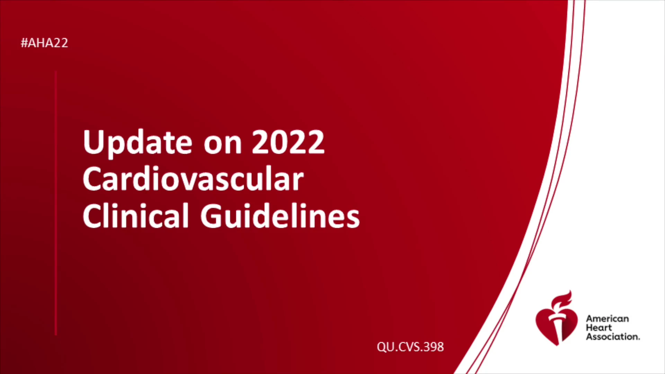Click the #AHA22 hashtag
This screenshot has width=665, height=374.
click(x=44, y=43)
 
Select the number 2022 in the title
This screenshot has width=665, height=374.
click(x=288, y=142)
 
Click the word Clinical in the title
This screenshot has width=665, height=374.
click(x=136, y=215)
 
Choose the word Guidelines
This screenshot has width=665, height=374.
click(x=280, y=215)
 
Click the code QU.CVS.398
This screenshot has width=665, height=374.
click(x=410, y=347)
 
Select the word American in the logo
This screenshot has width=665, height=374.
click(x=608, y=319)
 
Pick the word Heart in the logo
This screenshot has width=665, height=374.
click(x=599, y=328)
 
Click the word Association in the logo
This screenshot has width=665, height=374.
click(x=613, y=337)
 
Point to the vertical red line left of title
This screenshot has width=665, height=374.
click(x=56, y=203)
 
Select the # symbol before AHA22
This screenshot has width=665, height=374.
click(x=24, y=43)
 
